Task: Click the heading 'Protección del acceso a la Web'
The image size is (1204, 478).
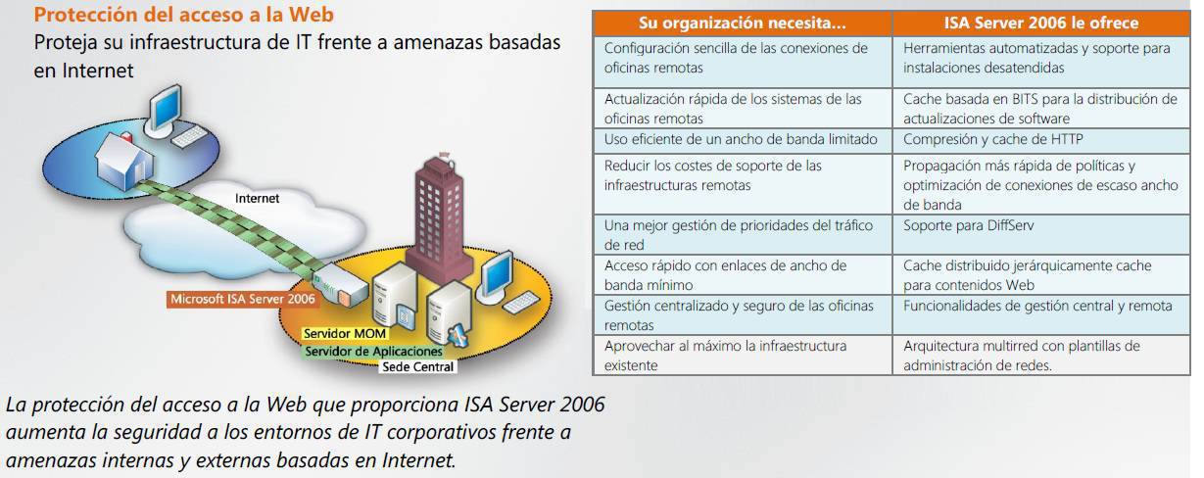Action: pyautogui.click(x=184, y=15)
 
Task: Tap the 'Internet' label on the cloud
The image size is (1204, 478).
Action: pyautogui.click(x=257, y=199)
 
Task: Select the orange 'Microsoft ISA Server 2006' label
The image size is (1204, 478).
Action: pyautogui.click(x=242, y=299)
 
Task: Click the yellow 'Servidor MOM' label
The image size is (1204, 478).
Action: pyautogui.click(x=345, y=333)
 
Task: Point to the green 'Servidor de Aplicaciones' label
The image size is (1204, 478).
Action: pyautogui.click(x=373, y=351)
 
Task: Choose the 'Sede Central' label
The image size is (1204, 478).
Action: pyautogui.click(x=417, y=366)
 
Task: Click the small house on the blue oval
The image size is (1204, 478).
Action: pyautogui.click(x=124, y=162)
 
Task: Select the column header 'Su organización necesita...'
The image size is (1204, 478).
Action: pyautogui.click(x=743, y=24)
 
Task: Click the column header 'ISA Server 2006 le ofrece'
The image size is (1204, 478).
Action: pyautogui.click(x=1041, y=23)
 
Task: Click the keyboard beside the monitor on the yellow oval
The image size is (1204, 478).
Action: pyautogui.click(x=520, y=302)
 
